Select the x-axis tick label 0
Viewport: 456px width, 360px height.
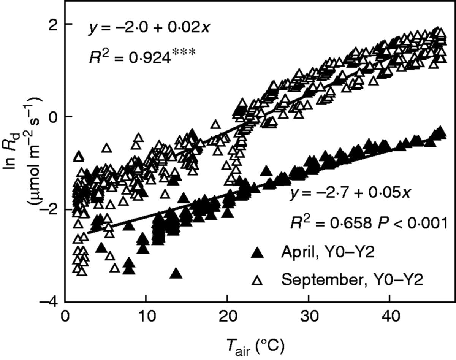tap(65, 317)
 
